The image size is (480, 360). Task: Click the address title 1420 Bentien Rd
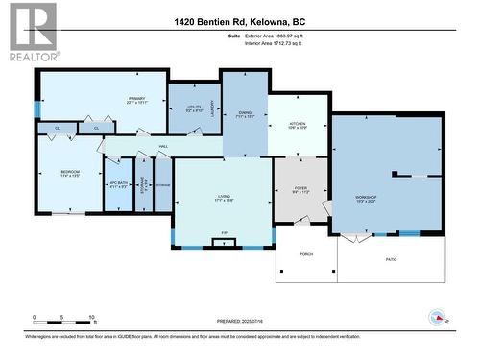[239, 22]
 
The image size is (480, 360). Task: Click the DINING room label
[245, 114]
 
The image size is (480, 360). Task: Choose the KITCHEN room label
[298, 125]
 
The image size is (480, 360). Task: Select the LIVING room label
[223, 197]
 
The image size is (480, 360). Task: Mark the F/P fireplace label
[223, 234]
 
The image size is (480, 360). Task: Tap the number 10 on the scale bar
[92, 316]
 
